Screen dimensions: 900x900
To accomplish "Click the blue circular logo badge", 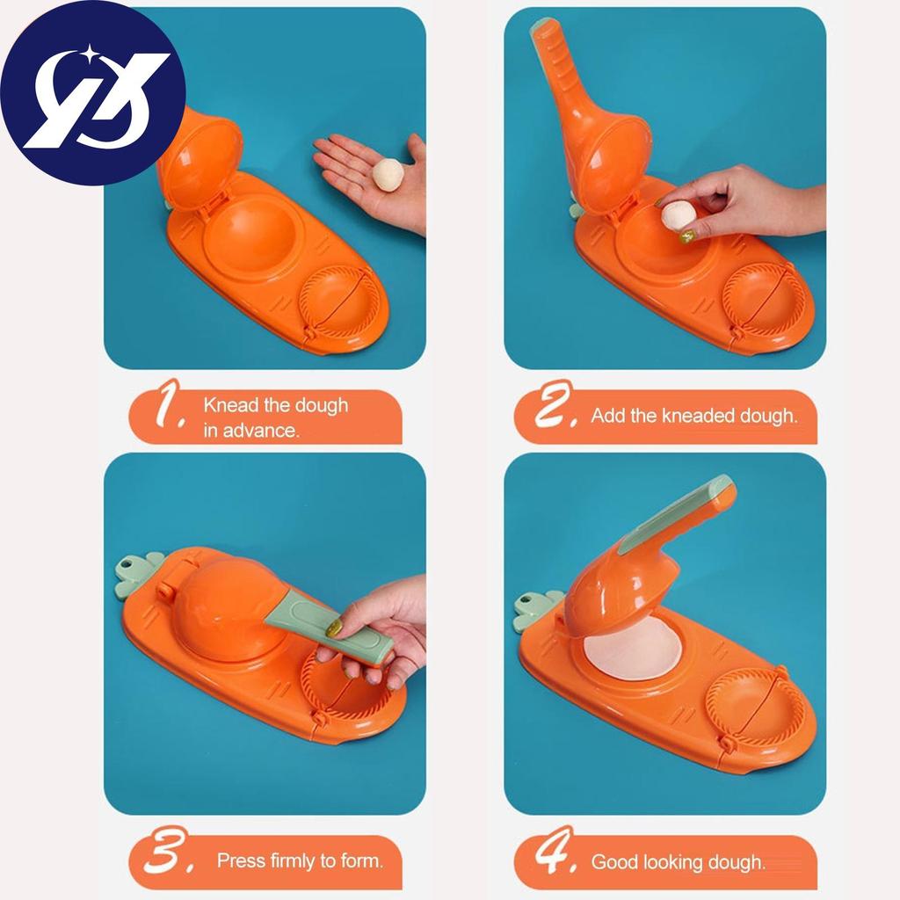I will pyautogui.click(x=92, y=92).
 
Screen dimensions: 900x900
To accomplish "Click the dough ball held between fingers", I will pyautogui.click(x=679, y=214).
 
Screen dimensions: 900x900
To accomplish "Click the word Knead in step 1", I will pyautogui.click(x=229, y=405).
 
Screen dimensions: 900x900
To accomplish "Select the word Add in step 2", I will pyautogui.click(x=607, y=416).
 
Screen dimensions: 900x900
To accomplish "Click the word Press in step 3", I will pyautogui.click(x=241, y=860).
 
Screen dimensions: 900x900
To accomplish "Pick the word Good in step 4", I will pyautogui.click(x=613, y=861).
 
